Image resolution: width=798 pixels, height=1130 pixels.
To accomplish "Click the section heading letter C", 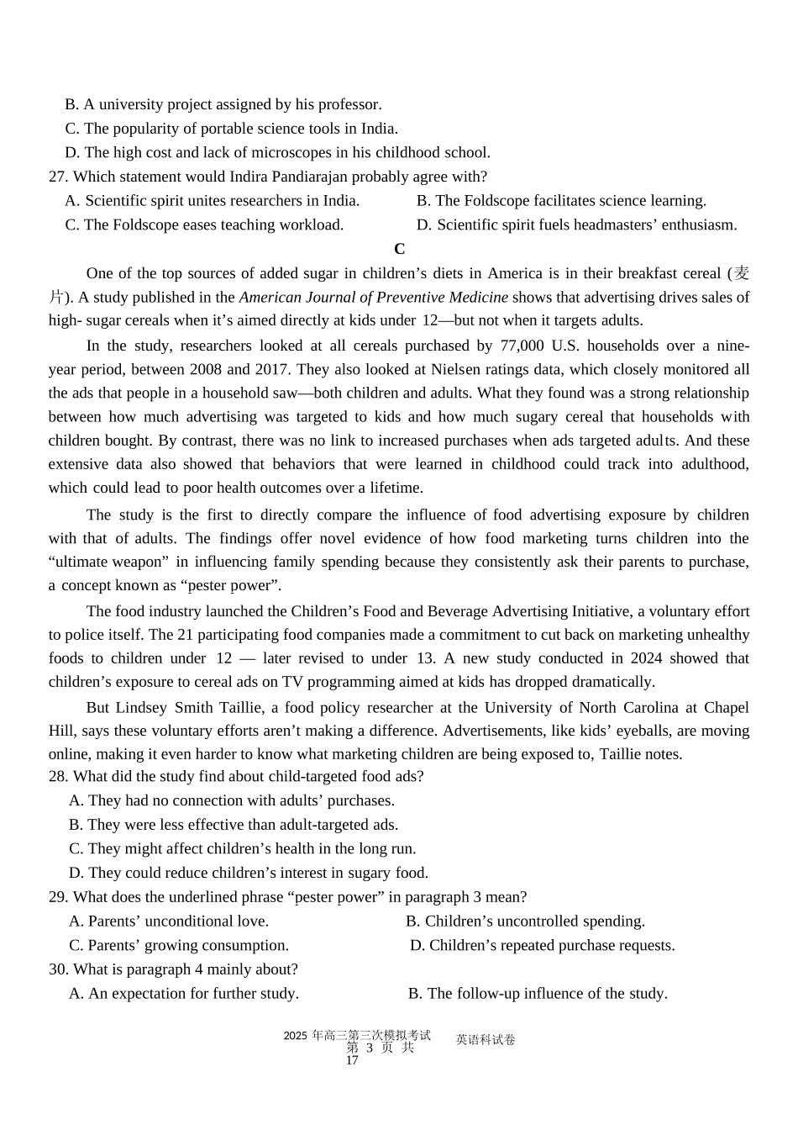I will point(399,249).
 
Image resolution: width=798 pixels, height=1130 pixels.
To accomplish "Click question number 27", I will point(58,177).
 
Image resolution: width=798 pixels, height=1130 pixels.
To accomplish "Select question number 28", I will point(58,776).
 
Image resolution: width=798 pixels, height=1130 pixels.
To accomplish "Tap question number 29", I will point(58,897).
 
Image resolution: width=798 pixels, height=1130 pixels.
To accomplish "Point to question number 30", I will point(58,969).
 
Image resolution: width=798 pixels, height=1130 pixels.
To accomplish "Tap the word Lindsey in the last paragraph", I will point(142,707).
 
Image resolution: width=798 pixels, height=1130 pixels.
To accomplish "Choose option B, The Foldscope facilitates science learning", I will point(561,200).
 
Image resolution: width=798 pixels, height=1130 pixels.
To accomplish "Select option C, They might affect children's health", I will point(243,848).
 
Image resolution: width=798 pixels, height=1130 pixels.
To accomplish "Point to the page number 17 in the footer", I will point(352,1060).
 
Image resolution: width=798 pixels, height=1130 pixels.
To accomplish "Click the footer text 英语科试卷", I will point(486,1040).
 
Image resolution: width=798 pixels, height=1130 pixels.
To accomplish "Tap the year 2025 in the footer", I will point(296,1036).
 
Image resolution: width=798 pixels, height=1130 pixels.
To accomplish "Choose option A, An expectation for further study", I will point(184,993).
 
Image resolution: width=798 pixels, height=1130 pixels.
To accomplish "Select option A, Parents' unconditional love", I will point(169,921).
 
